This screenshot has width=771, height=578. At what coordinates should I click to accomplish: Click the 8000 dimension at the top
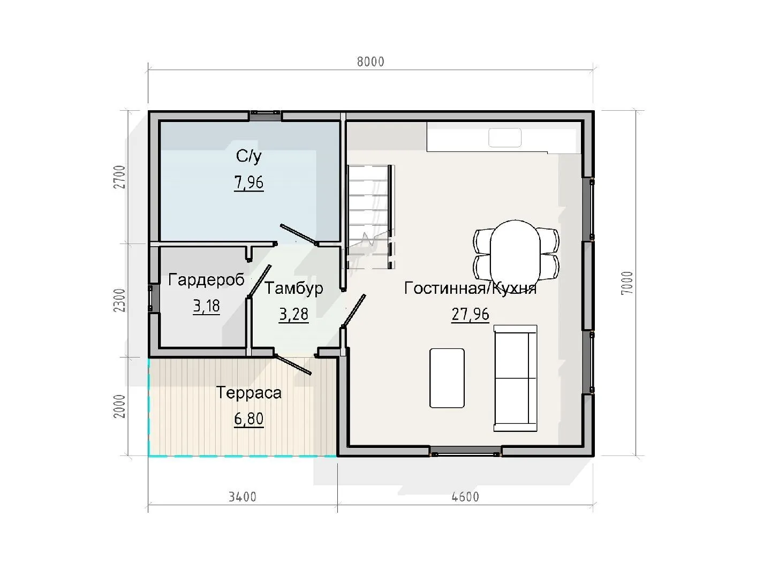[x=371, y=62]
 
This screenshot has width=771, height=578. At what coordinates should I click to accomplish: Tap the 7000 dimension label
[x=627, y=283]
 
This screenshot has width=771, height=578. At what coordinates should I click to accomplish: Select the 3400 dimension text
[x=243, y=497]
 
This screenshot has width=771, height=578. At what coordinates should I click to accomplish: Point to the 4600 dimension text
[x=465, y=497]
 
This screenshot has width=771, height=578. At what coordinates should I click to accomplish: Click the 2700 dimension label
[x=119, y=177]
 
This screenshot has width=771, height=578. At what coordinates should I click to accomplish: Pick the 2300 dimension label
[x=119, y=300]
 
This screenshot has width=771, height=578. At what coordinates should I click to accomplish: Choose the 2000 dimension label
[x=119, y=406]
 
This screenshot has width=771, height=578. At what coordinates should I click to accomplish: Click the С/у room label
[x=248, y=156]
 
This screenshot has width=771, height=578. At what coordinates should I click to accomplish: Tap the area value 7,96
[x=248, y=182]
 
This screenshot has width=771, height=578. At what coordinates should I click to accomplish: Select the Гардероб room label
[x=206, y=280]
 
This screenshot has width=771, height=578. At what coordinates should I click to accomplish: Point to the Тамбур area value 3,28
[x=293, y=314]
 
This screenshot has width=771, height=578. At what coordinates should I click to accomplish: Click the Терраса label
[x=248, y=393]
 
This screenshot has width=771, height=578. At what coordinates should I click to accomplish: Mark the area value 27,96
[x=470, y=314]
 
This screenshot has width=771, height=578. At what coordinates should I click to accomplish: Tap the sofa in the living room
[x=515, y=378]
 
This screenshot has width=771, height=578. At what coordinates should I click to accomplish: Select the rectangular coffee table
[x=447, y=378]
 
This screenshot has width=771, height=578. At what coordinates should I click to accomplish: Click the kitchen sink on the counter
[x=505, y=138]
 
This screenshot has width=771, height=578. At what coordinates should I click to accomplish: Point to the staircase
[x=371, y=217]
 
